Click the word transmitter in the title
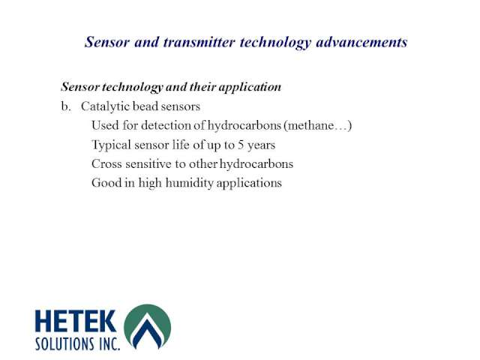[x=199, y=42]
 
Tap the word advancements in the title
[x=361, y=42]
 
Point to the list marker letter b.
[x=65, y=106]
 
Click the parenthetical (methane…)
[x=317, y=126]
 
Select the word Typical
[x=112, y=145]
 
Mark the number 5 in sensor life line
[x=241, y=145]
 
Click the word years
[x=262, y=145]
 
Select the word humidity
[x=189, y=183]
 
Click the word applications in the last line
[x=249, y=183]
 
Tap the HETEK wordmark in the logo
[x=76, y=321]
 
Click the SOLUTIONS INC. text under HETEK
[x=77, y=344]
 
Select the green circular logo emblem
[x=148, y=327]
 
